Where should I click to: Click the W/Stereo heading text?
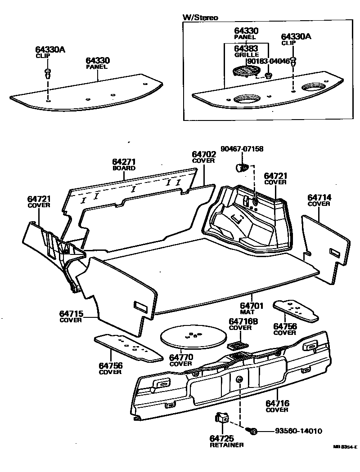200,18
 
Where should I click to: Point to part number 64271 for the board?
124,162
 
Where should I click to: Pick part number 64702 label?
204,154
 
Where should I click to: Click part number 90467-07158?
242,149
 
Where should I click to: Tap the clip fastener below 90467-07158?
242,168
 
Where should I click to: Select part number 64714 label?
319,197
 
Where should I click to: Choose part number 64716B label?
243,321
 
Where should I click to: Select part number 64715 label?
71,313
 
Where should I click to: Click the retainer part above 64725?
222,419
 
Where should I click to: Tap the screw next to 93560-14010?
253,431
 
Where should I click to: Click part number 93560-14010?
298,431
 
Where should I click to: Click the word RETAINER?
226,445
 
